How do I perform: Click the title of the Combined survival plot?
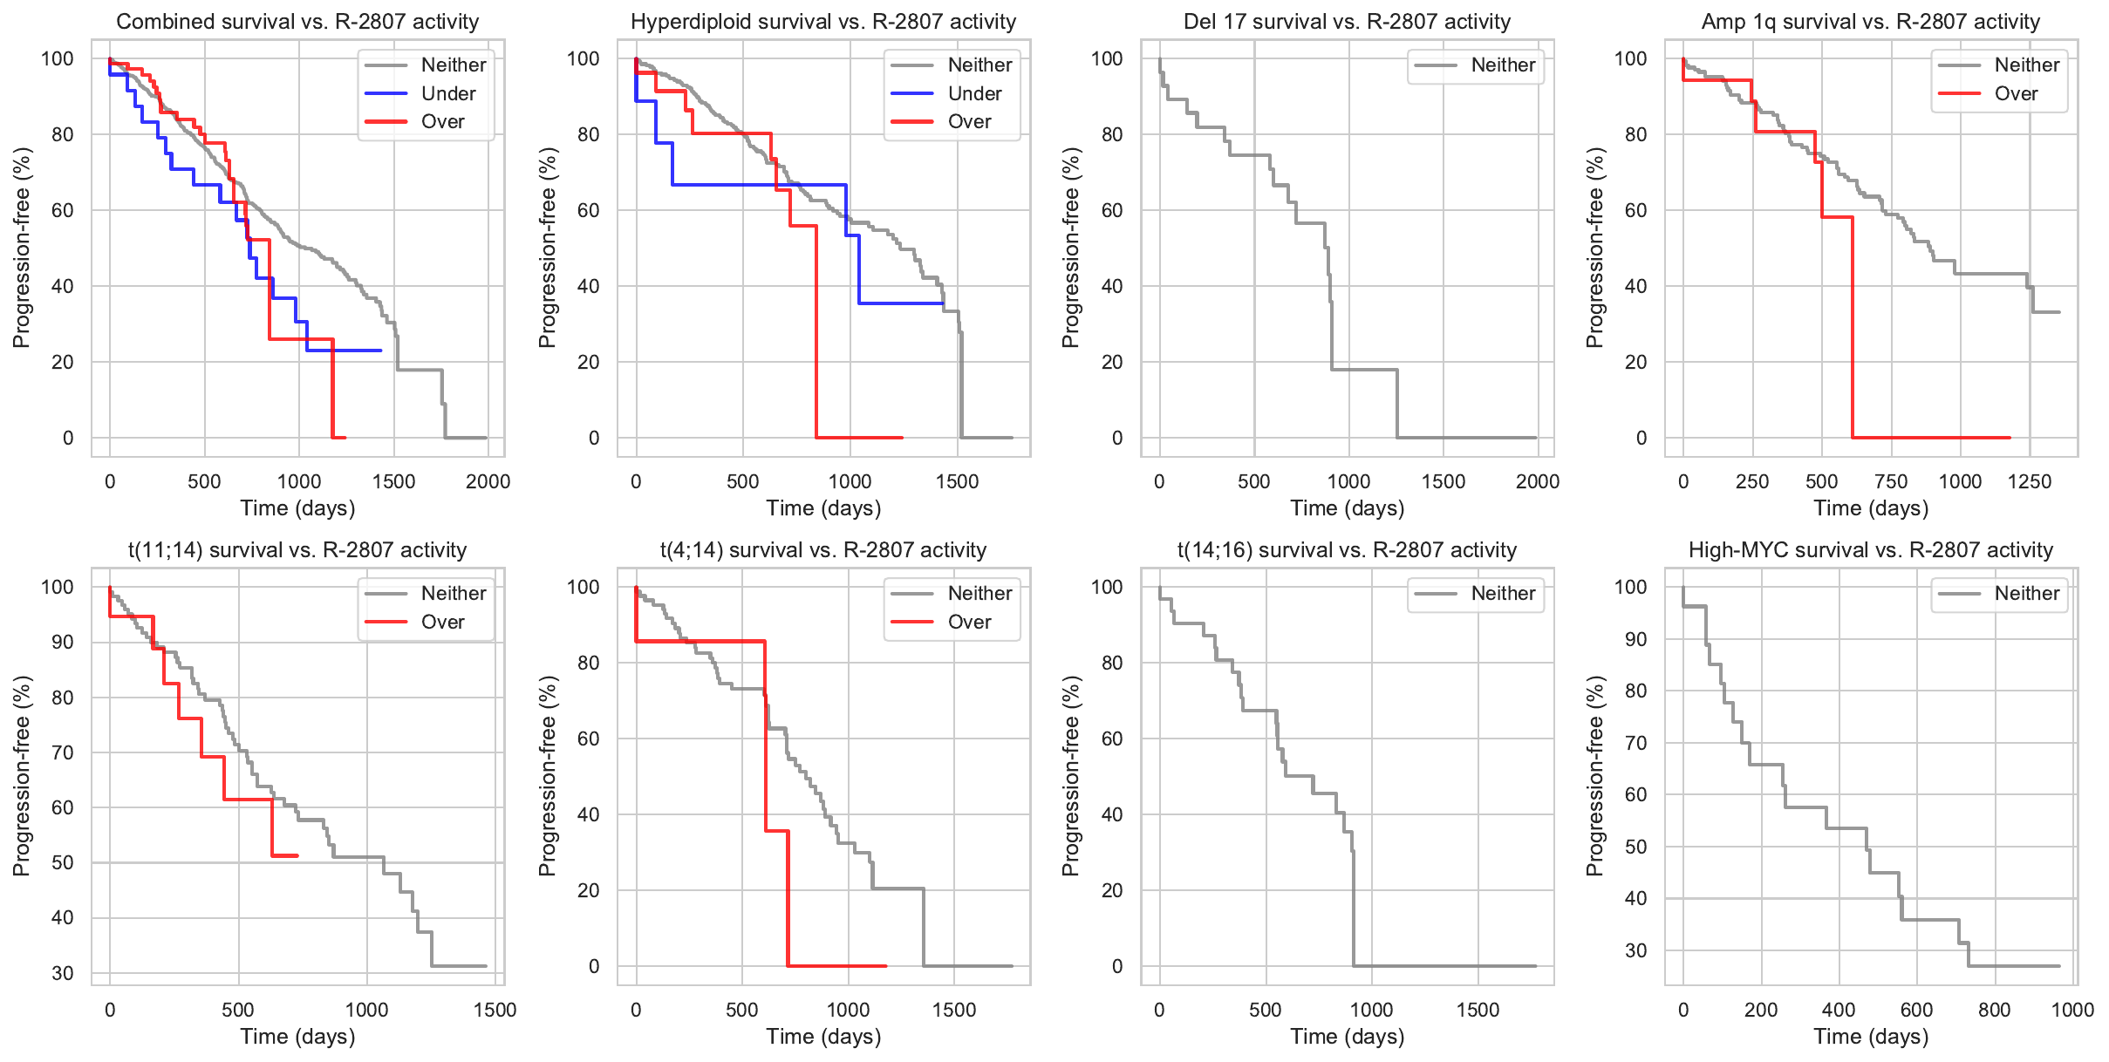pyautogui.click(x=297, y=22)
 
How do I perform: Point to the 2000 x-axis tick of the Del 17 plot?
pyautogui.click(x=1538, y=481)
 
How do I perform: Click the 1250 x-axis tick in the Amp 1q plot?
pyautogui.click(x=2030, y=481)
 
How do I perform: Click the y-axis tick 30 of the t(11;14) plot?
pyautogui.click(x=63, y=973)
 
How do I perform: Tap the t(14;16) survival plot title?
pyautogui.click(x=1347, y=550)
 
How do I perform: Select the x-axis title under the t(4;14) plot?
pyautogui.click(x=823, y=1037)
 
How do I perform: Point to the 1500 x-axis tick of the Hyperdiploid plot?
pyautogui.click(x=958, y=481)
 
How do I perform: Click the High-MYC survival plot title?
pyautogui.click(x=1871, y=550)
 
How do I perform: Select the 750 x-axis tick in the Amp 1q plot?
pyautogui.click(x=1891, y=481)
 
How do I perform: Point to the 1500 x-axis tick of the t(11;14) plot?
pyautogui.click(x=495, y=1010)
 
